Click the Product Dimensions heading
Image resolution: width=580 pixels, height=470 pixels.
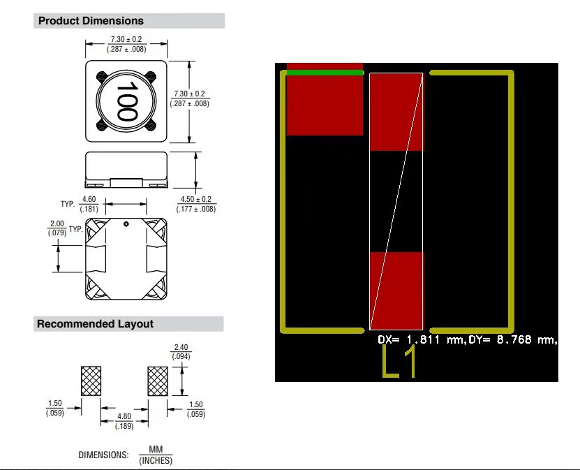pyautogui.click(x=91, y=21)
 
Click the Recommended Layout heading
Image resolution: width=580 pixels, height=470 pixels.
pyautogui.click(x=95, y=324)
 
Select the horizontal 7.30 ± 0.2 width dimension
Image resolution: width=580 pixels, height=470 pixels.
pyautogui.click(x=126, y=39)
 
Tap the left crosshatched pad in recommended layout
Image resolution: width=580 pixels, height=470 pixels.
pyautogui.click(x=91, y=381)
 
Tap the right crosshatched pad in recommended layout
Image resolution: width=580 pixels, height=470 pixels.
pyautogui.click(x=158, y=381)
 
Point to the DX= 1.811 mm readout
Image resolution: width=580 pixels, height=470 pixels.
pyautogui.click(x=417, y=340)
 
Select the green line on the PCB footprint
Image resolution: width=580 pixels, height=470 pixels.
pyautogui.click(x=325, y=72)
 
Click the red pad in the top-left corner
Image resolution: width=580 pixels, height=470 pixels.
pyautogui.click(x=325, y=105)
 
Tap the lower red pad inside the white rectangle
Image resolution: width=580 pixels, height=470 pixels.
pyautogui.click(x=396, y=290)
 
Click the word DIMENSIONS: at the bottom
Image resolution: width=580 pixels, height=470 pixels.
pyautogui.click(x=103, y=455)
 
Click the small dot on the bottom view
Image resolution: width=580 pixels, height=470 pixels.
pyautogui.click(x=126, y=224)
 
